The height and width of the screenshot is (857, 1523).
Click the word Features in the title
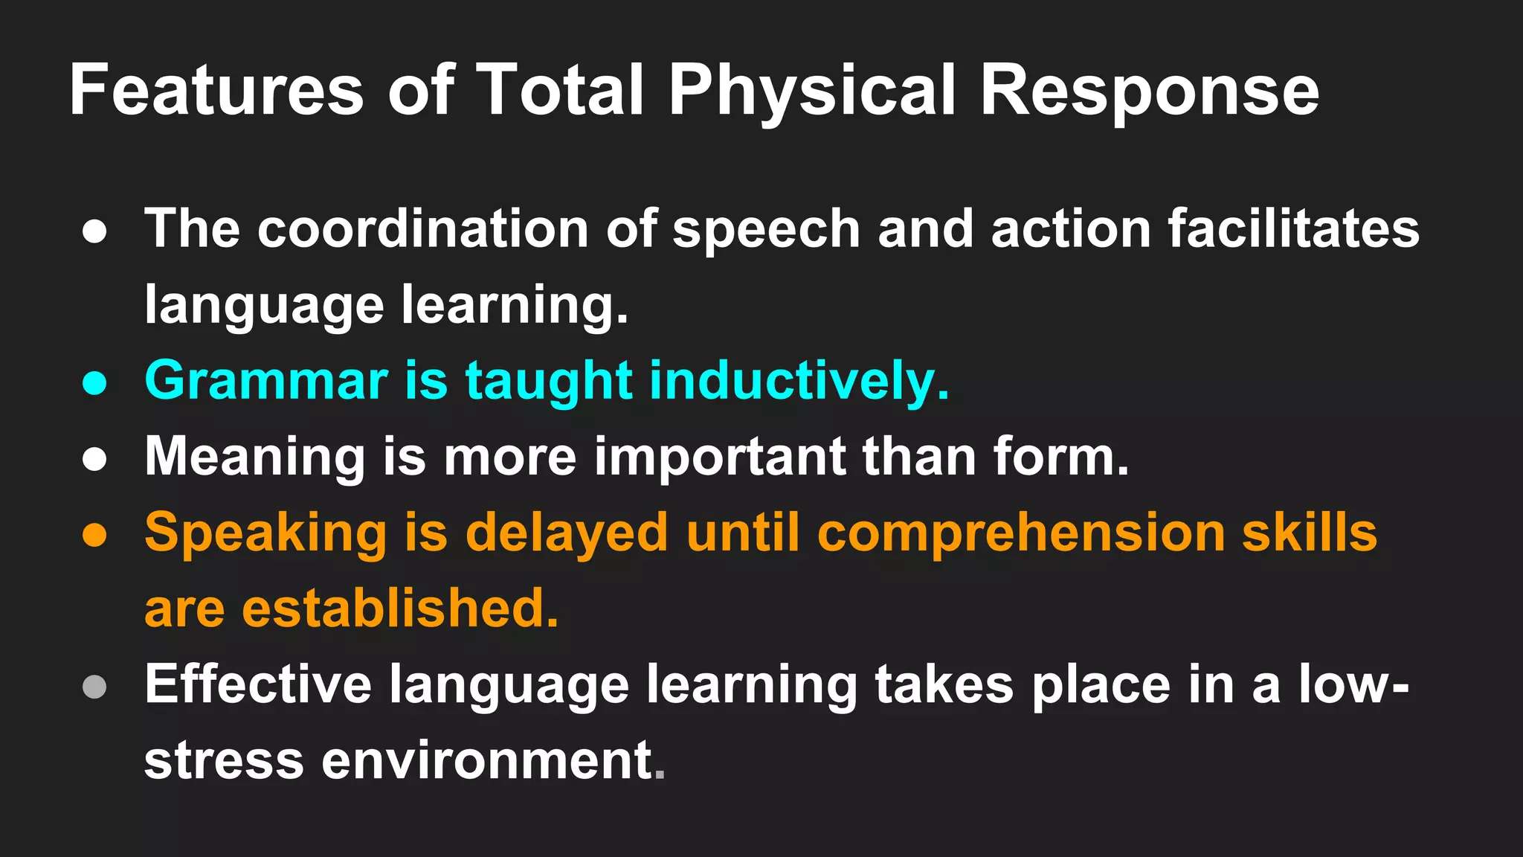(x=216, y=90)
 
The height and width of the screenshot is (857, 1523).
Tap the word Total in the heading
(x=560, y=90)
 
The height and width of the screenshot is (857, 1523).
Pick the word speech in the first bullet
(x=766, y=231)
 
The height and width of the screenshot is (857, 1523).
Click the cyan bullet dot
(x=94, y=383)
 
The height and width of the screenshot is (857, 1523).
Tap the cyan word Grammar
(x=266, y=381)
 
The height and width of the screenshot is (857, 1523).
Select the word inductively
(x=799, y=381)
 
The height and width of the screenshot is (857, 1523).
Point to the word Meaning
(x=255, y=458)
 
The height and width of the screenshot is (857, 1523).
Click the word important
(x=719, y=458)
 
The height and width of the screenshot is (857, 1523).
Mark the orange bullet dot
(x=94, y=535)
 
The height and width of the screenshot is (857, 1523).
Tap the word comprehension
(x=1021, y=533)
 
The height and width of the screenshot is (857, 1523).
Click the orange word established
(x=400, y=609)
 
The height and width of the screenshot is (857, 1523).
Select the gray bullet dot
(x=94, y=687)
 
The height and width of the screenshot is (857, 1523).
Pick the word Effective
(x=258, y=684)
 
